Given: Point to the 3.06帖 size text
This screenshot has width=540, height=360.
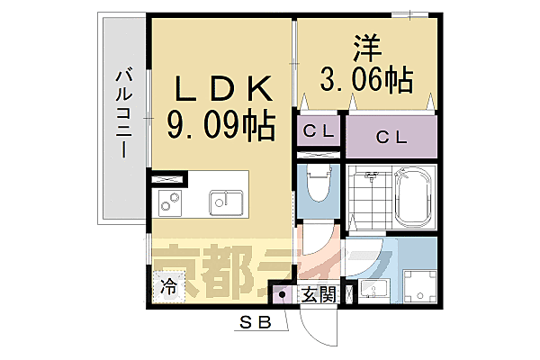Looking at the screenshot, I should [366, 81].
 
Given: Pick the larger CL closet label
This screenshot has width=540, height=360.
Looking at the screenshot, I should [390, 138].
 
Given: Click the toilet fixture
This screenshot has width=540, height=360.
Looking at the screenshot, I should [316, 190].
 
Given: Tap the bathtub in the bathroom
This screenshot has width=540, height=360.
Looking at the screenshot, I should [414, 197].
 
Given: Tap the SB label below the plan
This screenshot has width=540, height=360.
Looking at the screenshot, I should [256, 323].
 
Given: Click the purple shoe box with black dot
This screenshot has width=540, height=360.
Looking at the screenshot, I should [281, 293].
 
